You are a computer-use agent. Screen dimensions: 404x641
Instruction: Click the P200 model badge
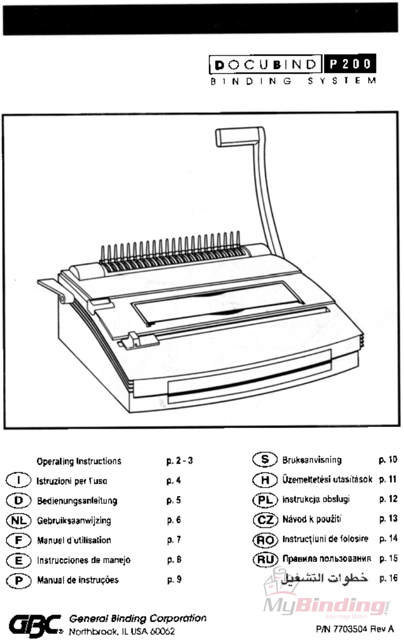[349, 66]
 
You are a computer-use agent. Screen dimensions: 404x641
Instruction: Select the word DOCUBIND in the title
[266, 66]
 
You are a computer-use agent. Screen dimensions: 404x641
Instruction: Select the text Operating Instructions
[79, 461]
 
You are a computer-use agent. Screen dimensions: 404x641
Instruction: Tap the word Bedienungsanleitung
[77, 501]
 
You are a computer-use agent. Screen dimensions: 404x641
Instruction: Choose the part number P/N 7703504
[354, 630]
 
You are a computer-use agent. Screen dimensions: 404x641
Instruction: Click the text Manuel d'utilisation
[74, 541]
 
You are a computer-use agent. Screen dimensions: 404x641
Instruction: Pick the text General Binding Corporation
[138, 619]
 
